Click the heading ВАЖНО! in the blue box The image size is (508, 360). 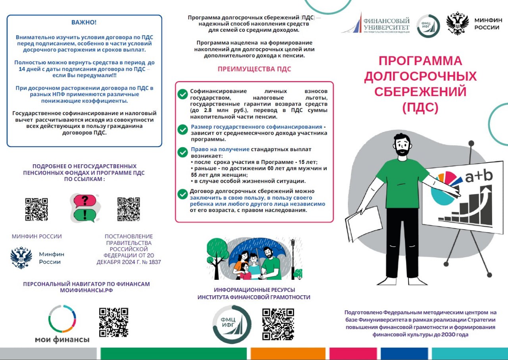pos(84,22)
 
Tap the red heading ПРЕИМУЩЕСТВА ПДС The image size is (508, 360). pos(254,69)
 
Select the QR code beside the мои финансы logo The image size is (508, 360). pos(114,322)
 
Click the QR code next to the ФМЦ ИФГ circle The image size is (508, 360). pos(278,324)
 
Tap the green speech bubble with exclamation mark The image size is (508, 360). pos(85,215)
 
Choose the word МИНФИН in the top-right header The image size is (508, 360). pos(488,20)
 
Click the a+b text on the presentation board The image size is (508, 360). pos(479,177)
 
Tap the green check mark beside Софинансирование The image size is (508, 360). pos(183,94)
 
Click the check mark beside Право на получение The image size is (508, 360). pos(183,152)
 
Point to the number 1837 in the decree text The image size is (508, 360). pos(154,262)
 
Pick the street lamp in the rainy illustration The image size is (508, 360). pos(293,254)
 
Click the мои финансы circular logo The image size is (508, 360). pos(62,319)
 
